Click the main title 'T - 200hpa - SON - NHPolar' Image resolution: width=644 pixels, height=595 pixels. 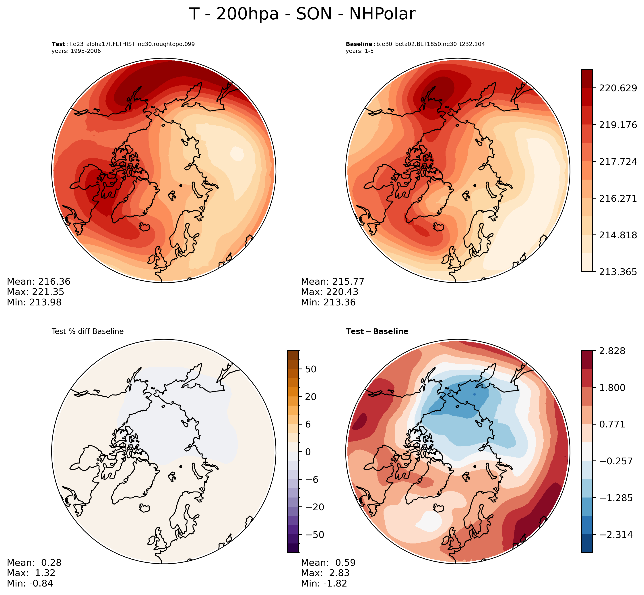302,15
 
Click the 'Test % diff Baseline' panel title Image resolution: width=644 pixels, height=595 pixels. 88,332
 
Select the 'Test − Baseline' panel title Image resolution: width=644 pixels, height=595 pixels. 377,332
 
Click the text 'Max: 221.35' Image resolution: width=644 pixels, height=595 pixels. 35,292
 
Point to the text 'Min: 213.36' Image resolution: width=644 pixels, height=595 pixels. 328,302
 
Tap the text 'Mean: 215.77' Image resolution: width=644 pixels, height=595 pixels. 332,282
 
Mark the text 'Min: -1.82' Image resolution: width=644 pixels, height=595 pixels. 324,583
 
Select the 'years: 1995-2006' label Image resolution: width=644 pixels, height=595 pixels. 76,51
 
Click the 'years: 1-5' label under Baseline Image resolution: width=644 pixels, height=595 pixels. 359,51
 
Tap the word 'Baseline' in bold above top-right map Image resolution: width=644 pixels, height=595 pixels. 359,44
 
